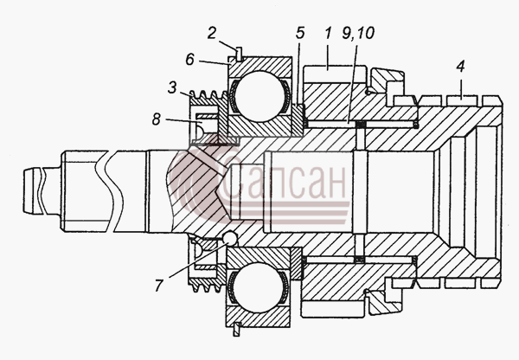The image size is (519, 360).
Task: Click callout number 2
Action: [212, 34]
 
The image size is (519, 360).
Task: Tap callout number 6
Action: [189, 60]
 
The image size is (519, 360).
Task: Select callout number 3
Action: [172, 88]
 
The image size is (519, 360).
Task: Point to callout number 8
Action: [157, 119]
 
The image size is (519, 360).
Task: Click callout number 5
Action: [300, 33]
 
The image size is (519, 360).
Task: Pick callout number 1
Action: [328, 33]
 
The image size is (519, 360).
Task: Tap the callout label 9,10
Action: [358, 33]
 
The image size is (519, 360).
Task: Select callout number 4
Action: [460, 67]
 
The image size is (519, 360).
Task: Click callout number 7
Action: [159, 286]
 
